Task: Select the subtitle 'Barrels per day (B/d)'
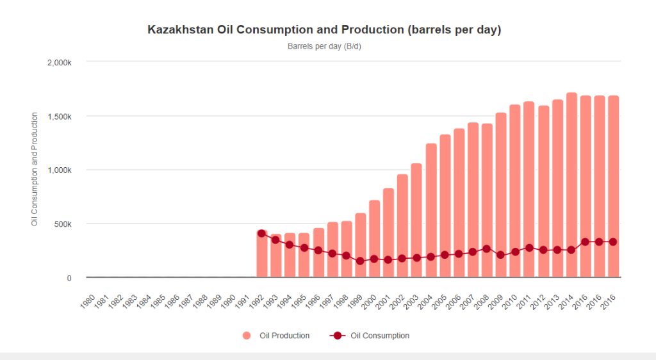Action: coord(329,46)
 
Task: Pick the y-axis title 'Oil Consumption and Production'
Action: coord(35,169)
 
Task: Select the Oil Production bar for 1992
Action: coord(262,256)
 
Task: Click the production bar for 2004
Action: coord(431,211)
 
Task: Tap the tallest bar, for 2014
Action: coord(571,186)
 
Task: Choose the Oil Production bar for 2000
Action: coord(375,240)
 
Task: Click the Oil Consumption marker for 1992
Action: coord(261,234)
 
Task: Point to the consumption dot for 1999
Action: coord(360,261)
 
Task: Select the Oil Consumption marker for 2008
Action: coord(487,249)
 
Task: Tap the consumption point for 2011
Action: coord(529,248)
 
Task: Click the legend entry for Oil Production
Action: coord(277,336)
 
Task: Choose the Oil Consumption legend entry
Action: coord(372,336)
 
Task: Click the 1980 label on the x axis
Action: coord(88,301)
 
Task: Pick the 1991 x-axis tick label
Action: coord(243,301)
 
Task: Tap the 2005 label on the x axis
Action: coord(441,301)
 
